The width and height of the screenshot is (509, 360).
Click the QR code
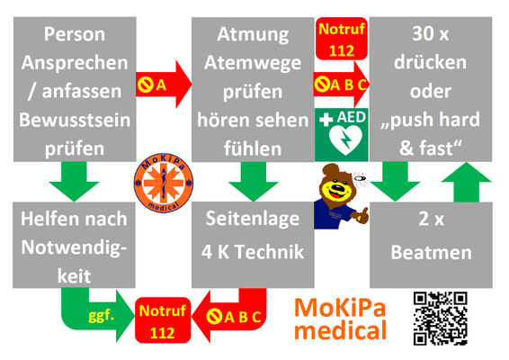[x=440, y=318]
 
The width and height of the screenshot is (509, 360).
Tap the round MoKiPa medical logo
[x=164, y=184]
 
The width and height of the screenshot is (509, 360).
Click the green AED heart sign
[x=341, y=135]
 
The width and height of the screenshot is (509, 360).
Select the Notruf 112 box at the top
[x=342, y=39]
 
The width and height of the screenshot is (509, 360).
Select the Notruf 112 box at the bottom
[x=163, y=320]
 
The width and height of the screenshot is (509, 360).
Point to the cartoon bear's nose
[x=337, y=188]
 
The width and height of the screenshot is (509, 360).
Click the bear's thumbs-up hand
[x=362, y=216]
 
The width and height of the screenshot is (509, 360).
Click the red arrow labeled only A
[x=164, y=85]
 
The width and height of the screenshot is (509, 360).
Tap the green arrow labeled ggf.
[x=97, y=313]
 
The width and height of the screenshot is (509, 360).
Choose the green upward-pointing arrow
[x=467, y=182]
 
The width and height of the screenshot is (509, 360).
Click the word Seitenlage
[x=253, y=219]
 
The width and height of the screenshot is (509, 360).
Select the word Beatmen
[x=431, y=252]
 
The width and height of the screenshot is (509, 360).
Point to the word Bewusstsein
[x=75, y=120]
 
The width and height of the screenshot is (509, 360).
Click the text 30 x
[x=431, y=33]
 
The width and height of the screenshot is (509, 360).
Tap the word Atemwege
[x=253, y=63]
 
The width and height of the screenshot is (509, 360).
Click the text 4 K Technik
[x=253, y=252]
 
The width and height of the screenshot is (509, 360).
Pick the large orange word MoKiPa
[x=340, y=308]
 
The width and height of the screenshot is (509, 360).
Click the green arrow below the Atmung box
[x=254, y=182]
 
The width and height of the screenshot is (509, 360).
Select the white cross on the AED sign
[x=326, y=120]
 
